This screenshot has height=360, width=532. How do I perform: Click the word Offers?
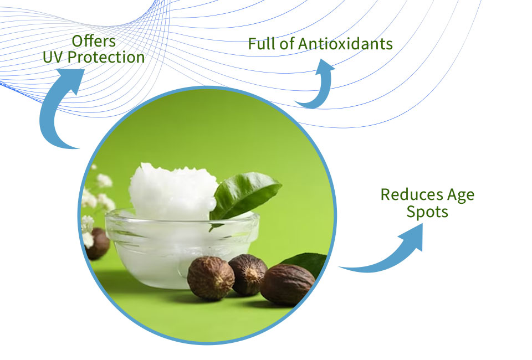click(x=94, y=41)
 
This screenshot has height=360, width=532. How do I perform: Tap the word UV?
click(x=53, y=57)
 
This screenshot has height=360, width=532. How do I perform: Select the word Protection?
click(x=106, y=57)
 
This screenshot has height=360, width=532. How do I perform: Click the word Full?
click(x=262, y=44)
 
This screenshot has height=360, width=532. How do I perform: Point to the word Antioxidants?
click(x=345, y=44)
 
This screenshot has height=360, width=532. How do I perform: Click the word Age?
click(x=461, y=196)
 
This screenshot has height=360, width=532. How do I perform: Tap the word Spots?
click(x=427, y=212)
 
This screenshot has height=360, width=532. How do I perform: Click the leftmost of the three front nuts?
click(x=211, y=278)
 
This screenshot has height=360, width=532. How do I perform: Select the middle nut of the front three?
click(x=248, y=274)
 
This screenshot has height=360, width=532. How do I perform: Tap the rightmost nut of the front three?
click(x=288, y=285)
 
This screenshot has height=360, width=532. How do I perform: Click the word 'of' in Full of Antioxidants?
click(x=287, y=44)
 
